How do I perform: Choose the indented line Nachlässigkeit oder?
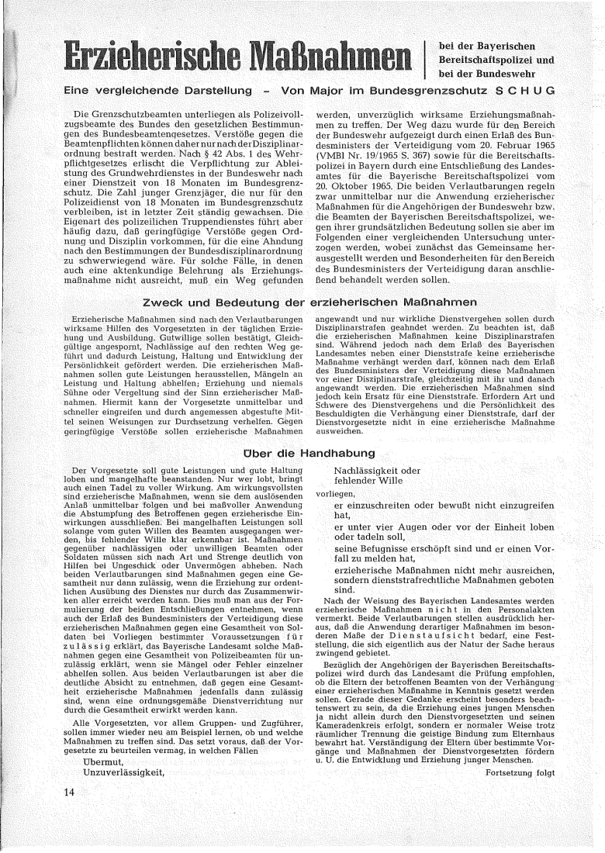tap(377, 470)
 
